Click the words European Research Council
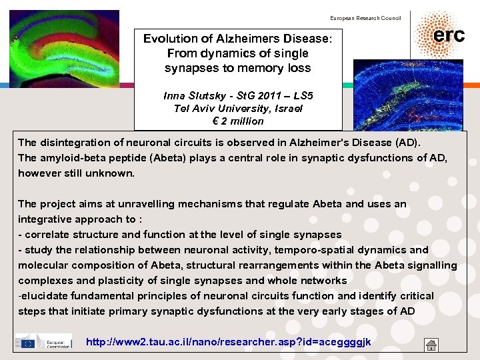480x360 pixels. tap(365, 18)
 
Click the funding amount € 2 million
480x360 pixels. tap(238, 121)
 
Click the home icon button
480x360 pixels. tap(431, 345)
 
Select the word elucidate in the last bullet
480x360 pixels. tap(45, 295)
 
